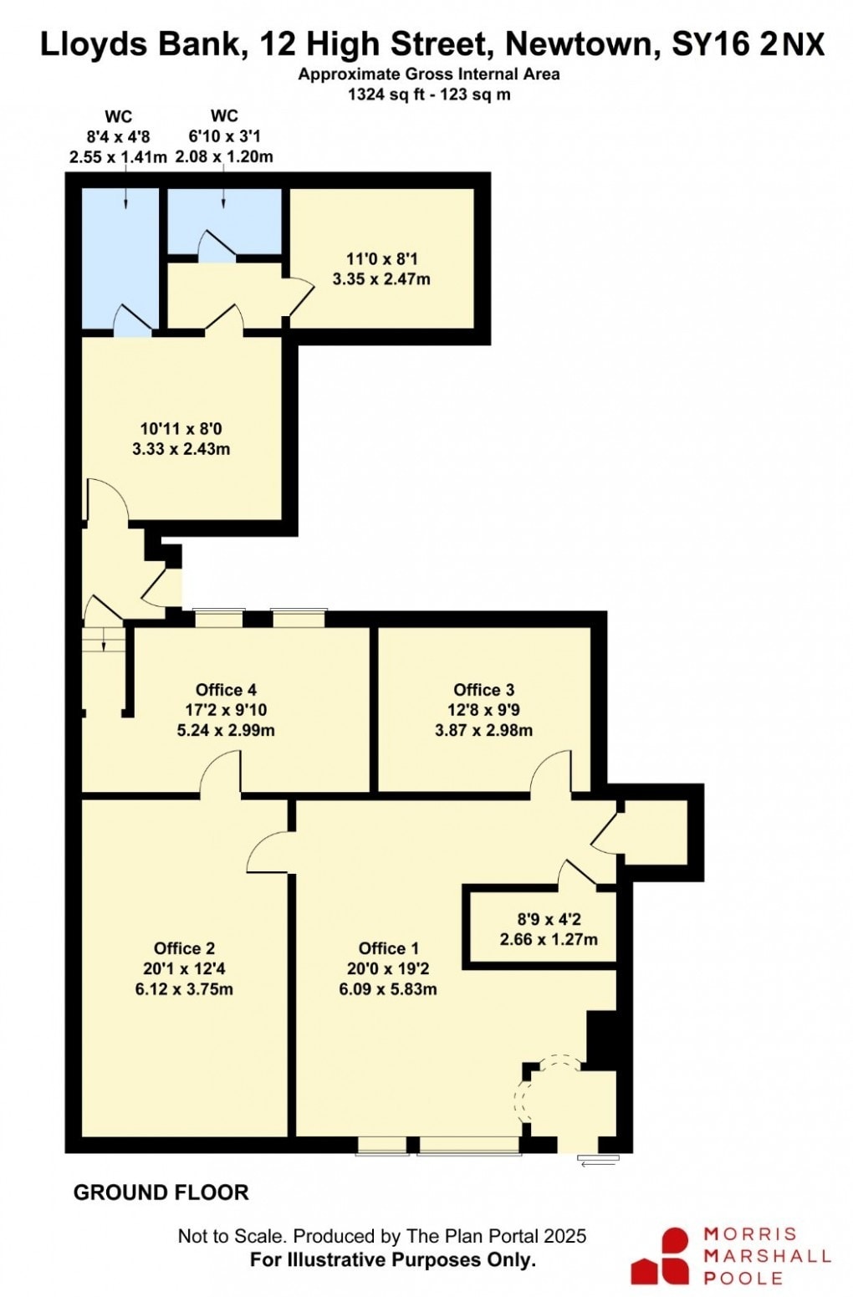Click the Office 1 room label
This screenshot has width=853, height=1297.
point(388,948)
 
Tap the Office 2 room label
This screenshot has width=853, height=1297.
point(184,948)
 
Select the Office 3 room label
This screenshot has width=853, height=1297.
point(483,690)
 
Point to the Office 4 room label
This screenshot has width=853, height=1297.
point(226,690)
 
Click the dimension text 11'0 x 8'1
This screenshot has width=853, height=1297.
point(381,259)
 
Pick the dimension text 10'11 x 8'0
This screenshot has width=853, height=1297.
point(181,429)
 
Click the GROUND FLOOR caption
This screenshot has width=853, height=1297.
point(161,1192)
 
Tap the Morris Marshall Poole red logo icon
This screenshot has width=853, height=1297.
point(661,1255)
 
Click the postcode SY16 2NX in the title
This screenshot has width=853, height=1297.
point(748,43)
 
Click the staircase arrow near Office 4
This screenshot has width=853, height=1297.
point(103,641)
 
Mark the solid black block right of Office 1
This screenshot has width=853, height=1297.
point(601,1040)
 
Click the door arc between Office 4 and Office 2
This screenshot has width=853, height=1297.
point(222,771)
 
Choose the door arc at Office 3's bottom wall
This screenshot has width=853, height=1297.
point(551,771)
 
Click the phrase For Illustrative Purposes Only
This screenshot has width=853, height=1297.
point(392,1259)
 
